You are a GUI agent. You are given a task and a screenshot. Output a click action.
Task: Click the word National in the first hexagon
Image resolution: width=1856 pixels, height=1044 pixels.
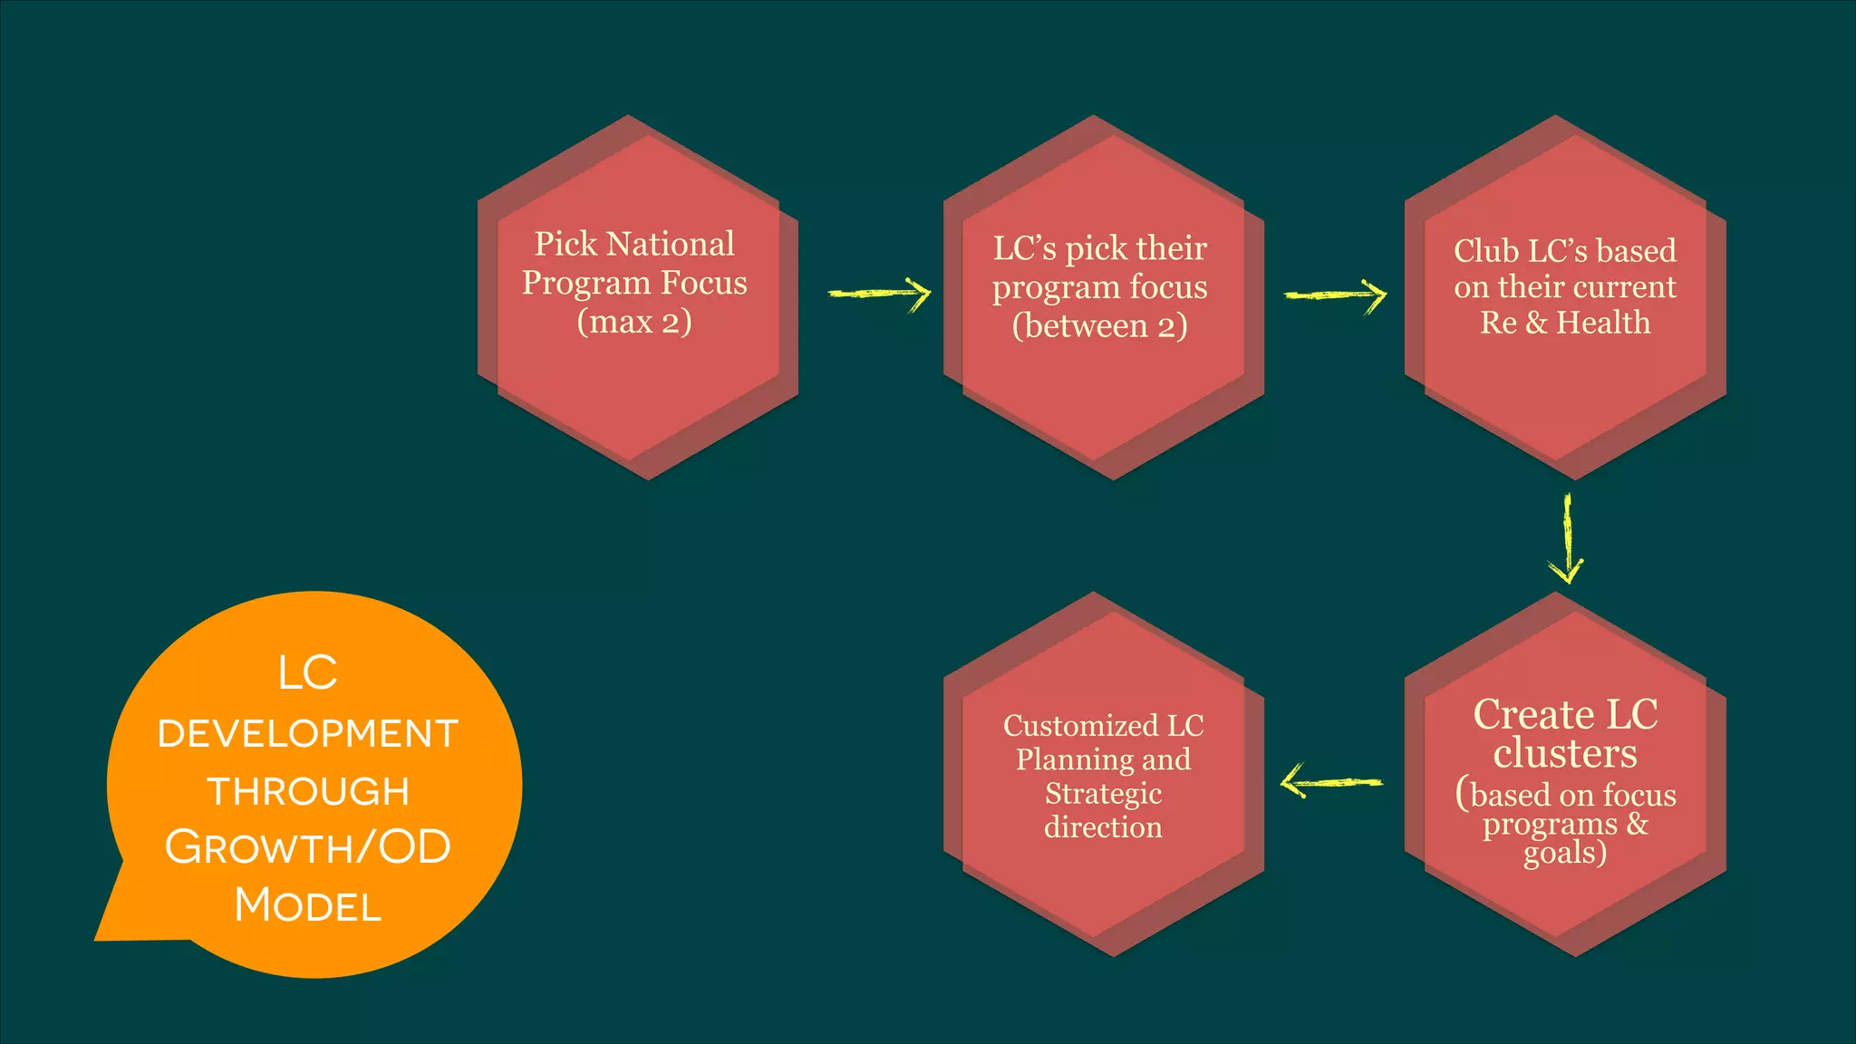[671, 244]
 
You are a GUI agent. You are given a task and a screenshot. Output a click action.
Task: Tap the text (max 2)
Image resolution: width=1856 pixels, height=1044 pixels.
[634, 322]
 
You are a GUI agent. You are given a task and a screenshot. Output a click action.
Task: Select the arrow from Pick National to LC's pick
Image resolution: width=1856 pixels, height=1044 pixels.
[880, 293]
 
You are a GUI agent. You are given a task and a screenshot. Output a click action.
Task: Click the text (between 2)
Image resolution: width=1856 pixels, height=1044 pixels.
[1099, 326]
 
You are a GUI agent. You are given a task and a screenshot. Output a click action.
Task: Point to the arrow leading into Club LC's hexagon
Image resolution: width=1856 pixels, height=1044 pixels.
[1336, 295]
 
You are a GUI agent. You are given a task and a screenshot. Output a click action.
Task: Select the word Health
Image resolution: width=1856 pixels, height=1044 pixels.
[1603, 323]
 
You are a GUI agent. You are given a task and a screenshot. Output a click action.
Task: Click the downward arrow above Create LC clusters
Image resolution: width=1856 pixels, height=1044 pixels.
[1566, 539]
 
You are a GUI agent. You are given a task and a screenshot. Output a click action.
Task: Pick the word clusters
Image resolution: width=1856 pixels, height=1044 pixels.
[1565, 754]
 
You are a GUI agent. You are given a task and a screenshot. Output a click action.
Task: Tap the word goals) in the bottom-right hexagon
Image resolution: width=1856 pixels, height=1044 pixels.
[1565, 854]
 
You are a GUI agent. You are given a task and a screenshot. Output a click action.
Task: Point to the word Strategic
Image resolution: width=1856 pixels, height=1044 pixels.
[1103, 794]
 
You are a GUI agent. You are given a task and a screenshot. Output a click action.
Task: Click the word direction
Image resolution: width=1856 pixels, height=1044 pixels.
[1103, 827]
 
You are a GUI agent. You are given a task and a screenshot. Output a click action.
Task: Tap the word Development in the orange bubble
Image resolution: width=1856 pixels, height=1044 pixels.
[308, 734]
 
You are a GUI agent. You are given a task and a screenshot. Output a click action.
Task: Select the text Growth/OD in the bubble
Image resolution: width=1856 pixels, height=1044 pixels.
[308, 848]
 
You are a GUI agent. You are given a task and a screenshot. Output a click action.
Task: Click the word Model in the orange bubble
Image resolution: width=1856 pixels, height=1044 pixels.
[308, 905]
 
